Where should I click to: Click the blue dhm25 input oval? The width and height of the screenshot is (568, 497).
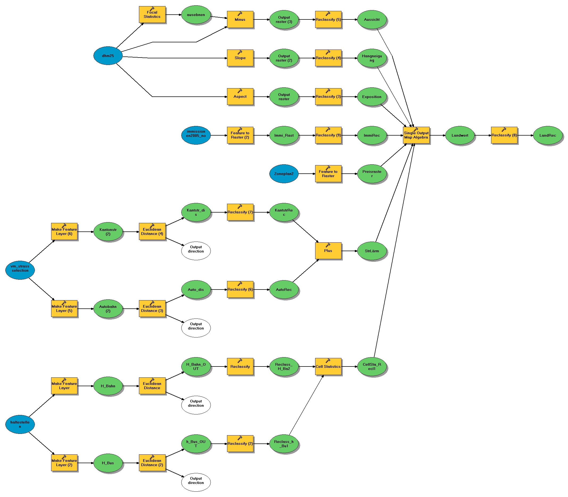tap(108, 56)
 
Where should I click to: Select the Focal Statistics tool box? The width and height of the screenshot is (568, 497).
tap(152, 15)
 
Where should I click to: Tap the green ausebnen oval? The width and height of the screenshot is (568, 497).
tap(196, 15)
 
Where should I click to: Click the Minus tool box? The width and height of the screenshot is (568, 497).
tap(240, 20)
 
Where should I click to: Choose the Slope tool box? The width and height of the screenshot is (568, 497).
tap(240, 58)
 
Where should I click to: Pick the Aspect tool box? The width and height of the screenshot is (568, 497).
tap(240, 96)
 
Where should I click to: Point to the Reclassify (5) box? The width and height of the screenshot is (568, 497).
tap(328, 20)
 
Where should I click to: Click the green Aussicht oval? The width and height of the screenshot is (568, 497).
tap(372, 20)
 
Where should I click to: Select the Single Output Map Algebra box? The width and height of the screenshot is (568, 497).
tap(416, 135)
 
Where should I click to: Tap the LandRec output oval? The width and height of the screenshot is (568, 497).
tap(548, 135)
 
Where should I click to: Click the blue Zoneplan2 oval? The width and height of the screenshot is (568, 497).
tap(283, 174)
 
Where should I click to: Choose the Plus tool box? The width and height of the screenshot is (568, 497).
tap(328, 251)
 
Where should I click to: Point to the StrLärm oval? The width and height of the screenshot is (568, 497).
tap(372, 251)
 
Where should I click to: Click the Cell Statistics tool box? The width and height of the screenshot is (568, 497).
tap(328, 366)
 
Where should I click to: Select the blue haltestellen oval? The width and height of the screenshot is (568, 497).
tap(20, 424)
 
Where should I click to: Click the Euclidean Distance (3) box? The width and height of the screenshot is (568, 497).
tap(152, 309)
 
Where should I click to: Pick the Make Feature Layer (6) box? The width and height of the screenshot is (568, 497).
tap(64, 231)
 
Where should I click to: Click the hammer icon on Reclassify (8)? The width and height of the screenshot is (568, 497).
tap(504, 129)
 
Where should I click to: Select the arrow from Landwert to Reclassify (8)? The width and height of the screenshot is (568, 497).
tap(483, 135)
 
